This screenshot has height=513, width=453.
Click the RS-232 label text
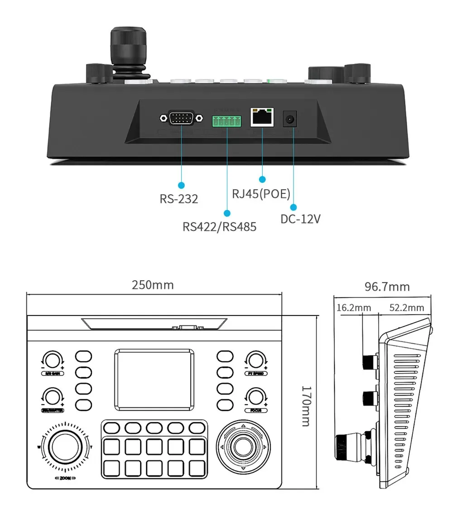[x=179, y=199]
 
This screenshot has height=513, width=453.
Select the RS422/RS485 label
[x=219, y=226]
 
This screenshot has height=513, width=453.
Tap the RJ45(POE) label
[x=261, y=194]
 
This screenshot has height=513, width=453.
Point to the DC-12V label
[x=300, y=219]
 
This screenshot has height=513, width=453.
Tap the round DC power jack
[x=289, y=120]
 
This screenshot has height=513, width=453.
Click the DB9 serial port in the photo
[x=181, y=119]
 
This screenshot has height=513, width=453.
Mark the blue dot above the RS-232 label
[x=182, y=185]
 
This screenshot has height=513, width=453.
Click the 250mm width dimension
[x=153, y=285]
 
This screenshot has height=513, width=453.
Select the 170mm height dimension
[x=306, y=406]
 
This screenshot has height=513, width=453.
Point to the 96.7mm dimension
[x=387, y=287]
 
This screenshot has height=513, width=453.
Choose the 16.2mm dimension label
[x=353, y=308]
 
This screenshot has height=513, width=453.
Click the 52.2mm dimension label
[x=407, y=308]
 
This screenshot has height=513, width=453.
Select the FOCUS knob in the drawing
[x=254, y=397]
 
